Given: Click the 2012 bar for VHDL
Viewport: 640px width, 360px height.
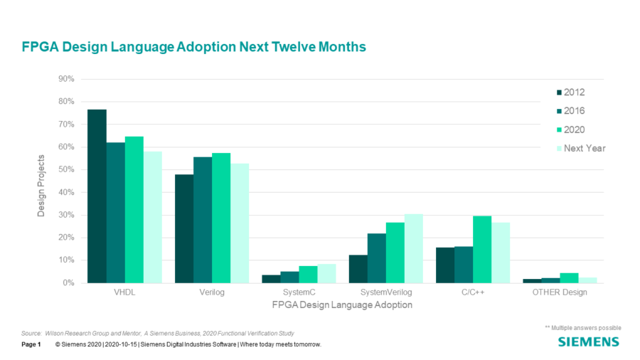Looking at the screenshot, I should [x=97, y=196].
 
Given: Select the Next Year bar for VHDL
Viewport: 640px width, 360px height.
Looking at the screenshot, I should [x=152, y=217].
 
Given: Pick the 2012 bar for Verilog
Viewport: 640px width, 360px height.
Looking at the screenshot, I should [x=183, y=228].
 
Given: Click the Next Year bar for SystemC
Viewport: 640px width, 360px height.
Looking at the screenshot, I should [x=326, y=273].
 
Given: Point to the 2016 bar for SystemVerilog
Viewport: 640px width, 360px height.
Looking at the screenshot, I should [x=377, y=258].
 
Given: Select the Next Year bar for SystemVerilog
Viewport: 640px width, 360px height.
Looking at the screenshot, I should [x=414, y=248].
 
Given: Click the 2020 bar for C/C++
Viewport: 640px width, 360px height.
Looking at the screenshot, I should [x=483, y=249].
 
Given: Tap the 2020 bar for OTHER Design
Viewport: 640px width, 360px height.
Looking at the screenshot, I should [x=570, y=278].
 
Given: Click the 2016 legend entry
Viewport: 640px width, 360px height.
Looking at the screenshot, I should [x=574, y=111].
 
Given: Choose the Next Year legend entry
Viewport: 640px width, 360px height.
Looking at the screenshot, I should [x=584, y=148].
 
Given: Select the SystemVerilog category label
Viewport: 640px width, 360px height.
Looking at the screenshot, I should [x=386, y=293].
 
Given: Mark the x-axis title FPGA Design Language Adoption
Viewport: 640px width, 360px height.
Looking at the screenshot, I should [x=342, y=305].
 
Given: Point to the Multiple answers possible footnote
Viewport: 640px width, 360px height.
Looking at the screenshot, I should [x=583, y=327].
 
